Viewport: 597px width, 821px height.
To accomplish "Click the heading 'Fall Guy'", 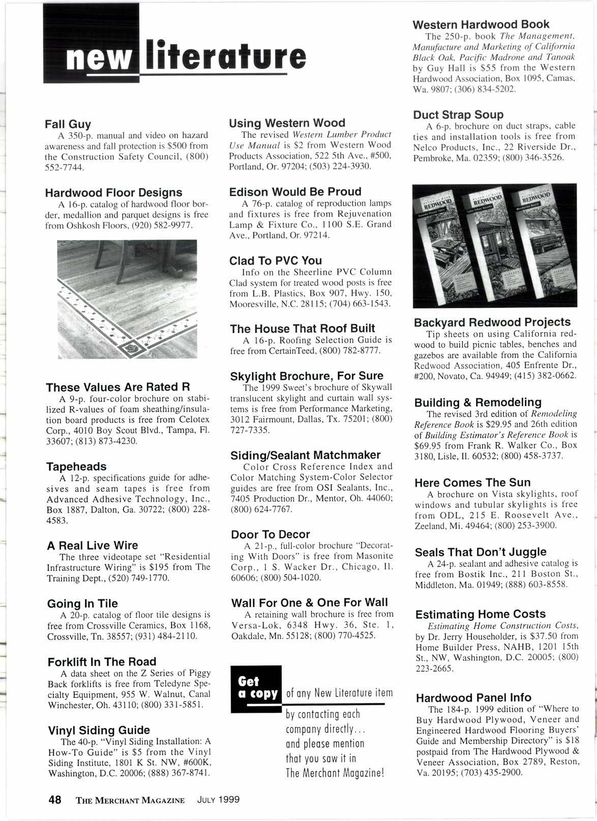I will (x=68, y=124).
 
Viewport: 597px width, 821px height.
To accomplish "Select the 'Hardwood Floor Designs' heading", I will (x=113, y=193).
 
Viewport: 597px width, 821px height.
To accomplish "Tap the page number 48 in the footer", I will (x=54, y=799).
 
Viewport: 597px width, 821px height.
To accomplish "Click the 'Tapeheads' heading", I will (x=76, y=466).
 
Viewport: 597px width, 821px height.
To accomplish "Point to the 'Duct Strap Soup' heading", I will (x=458, y=114).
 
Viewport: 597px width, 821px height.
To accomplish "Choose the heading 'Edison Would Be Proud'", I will (x=295, y=192).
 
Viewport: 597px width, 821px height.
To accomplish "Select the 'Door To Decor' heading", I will (x=270, y=534).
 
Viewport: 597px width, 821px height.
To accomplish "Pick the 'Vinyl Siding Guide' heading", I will (x=99, y=730).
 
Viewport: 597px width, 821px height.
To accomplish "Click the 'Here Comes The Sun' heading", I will (x=472, y=482).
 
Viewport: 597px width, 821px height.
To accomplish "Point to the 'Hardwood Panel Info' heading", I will (x=473, y=697).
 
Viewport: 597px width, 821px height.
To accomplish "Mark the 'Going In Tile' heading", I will (x=82, y=603).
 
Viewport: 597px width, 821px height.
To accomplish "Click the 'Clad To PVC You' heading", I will (x=276, y=261).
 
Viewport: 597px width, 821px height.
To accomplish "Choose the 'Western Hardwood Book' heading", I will (x=481, y=24).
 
